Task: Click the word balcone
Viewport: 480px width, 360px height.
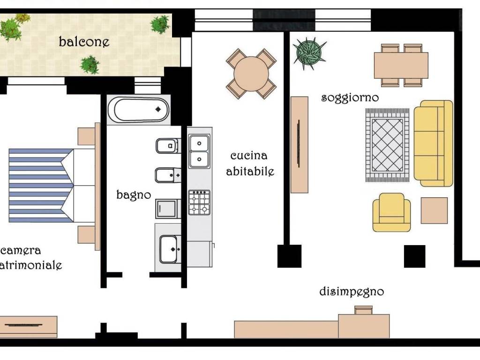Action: click(84, 42)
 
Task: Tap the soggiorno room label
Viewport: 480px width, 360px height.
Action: click(350, 98)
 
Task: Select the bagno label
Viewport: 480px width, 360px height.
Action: click(134, 195)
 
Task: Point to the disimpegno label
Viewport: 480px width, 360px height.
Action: click(352, 292)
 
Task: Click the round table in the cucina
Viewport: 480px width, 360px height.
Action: click(251, 74)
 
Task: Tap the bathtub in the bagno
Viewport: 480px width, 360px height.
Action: click(139, 110)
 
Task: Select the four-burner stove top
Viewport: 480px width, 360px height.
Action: click(199, 202)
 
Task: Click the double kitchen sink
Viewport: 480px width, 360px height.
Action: click(199, 151)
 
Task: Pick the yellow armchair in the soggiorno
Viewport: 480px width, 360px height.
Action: click(391, 212)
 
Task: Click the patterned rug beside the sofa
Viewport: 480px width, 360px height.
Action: click(387, 145)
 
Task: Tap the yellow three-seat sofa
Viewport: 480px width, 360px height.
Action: click(433, 143)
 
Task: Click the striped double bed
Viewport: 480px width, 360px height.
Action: click(52, 186)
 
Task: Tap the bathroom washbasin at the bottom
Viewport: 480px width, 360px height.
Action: click(169, 249)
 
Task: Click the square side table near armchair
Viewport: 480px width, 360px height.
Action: click(434, 210)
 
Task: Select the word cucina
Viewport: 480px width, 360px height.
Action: click(249, 156)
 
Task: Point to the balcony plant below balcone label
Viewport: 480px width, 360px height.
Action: click(90, 65)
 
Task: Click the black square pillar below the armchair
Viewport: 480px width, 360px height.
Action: click(414, 256)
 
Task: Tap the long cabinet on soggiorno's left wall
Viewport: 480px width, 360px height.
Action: click(299, 145)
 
